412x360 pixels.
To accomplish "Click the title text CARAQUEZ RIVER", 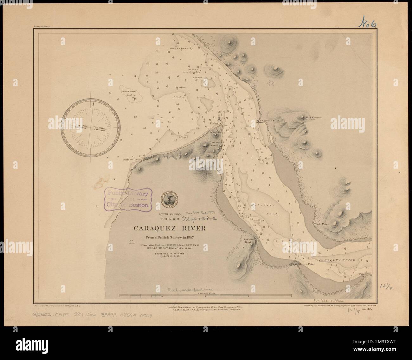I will (x=170, y=228).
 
